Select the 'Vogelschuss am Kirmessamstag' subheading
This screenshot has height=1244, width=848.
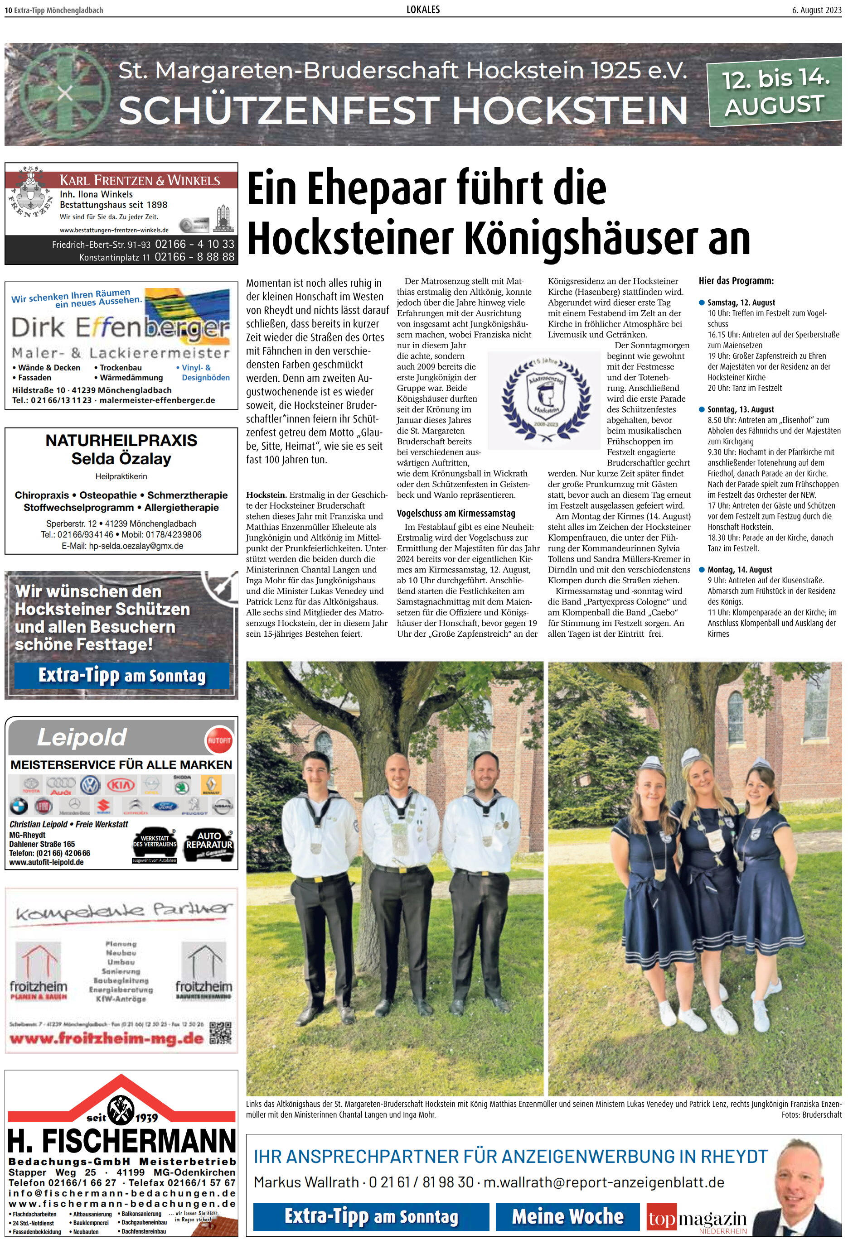456,514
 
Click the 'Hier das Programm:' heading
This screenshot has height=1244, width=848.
736,280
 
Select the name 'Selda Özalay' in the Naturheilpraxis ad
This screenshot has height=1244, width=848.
121,459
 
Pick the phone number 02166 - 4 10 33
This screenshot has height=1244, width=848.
194,244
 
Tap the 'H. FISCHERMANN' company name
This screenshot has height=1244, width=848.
121,1142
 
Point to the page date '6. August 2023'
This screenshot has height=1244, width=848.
817,10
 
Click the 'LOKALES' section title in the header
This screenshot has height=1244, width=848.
423,10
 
